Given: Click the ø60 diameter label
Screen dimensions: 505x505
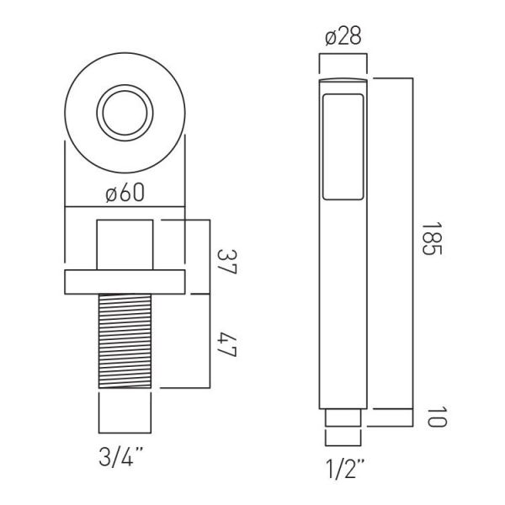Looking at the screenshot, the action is tap(125, 194).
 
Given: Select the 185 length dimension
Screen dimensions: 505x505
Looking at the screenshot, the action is tap(432, 238).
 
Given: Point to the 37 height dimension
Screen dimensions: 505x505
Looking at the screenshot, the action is tap(227, 261).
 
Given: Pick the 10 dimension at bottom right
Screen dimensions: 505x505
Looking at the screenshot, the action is tap(436, 417).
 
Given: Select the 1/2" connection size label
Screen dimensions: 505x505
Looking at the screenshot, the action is tap(345, 469).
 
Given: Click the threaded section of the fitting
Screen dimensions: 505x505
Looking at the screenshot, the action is tap(125, 341).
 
